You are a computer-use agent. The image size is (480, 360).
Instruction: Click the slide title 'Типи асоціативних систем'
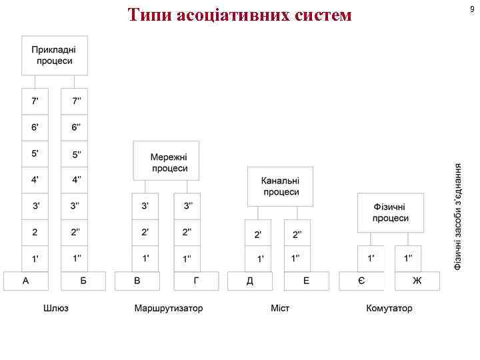239,15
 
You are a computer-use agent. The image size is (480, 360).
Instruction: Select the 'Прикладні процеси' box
54,55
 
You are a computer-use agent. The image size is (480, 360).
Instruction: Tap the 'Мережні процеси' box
166,161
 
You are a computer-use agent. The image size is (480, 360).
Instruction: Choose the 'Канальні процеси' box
280,186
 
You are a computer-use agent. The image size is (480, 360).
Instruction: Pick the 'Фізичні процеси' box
390,213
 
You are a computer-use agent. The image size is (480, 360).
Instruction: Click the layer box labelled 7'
35,101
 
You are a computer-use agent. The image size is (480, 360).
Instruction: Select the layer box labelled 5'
35,153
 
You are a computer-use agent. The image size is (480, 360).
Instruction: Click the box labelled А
26,281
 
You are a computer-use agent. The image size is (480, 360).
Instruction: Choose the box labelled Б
83,281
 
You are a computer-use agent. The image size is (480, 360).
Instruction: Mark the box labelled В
137,281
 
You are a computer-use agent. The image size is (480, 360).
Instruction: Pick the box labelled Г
195,281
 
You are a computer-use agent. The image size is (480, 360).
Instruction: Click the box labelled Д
250,281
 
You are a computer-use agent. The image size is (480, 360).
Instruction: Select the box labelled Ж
417,281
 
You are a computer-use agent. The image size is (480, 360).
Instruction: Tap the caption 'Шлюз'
55,309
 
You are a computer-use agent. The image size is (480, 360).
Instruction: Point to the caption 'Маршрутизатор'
168,309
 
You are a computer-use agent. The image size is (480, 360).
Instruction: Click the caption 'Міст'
280,309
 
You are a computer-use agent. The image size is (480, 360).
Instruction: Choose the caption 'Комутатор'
389,309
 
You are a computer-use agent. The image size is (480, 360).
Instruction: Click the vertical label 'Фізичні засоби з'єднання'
459,217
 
